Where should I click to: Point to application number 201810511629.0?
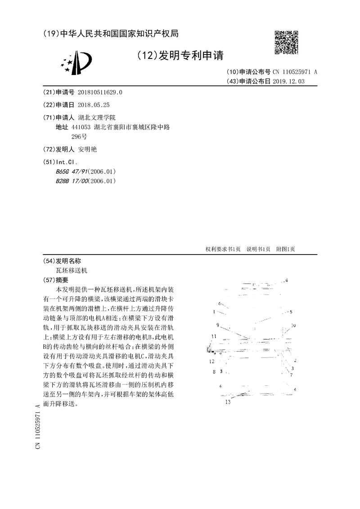click(x=100, y=92)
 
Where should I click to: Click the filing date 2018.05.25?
click(x=94, y=104)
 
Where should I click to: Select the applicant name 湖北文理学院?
click(x=97, y=117)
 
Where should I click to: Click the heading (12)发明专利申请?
click(x=180, y=55)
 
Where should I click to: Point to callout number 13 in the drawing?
click(x=228, y=402)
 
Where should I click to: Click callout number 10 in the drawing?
click(x=293, y=325)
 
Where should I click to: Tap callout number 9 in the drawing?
click(x=218, y=325)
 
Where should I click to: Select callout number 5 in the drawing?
click(x=291, y=312)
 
